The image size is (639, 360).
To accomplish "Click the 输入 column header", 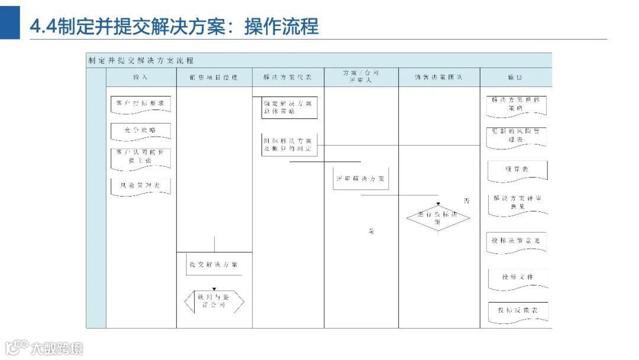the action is click(x=141, y=78).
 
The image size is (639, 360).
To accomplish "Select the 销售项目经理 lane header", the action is click(x=214, y=78).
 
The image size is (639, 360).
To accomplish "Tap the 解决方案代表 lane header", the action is click(x=288, y=78).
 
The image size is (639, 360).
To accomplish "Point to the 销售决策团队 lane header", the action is click(x=438, y=78).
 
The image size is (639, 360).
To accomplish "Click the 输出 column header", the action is click(x=515, y=78).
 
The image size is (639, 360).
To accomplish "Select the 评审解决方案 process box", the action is click(x=361, y=178).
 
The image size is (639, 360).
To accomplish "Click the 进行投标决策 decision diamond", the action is click(x=438, y=218).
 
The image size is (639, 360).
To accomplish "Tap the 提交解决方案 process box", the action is click(x=214, y=264).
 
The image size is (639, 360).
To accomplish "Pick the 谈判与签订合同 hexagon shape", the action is click(x=214, y=301).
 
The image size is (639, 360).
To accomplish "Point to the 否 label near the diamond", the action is click(x=466, y=201).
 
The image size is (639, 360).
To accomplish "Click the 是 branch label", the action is click(x=372, y=231).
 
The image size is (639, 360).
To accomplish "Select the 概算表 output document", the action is click(x=517, y=169).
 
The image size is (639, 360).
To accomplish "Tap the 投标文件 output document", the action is click(x=517, y=277).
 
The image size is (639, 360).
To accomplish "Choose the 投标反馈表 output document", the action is click(x=517, y=311).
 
